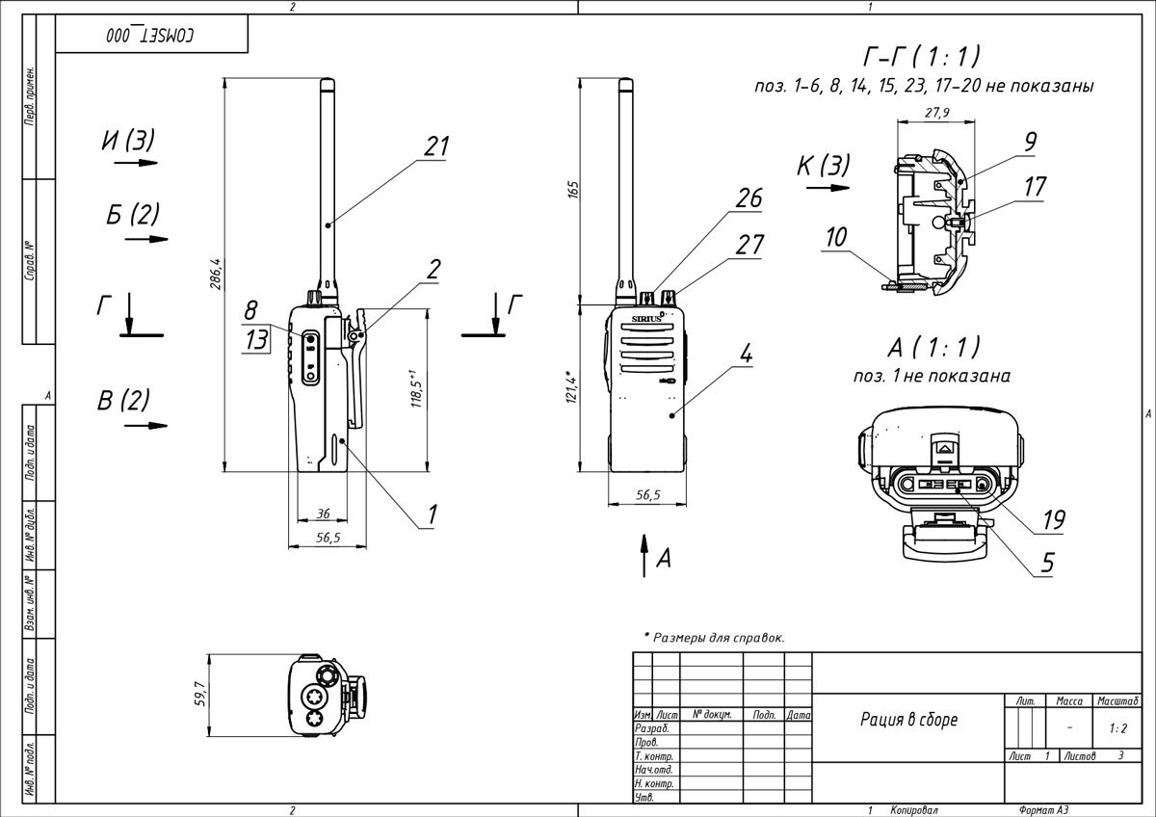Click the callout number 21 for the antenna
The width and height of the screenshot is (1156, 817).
point(436,145)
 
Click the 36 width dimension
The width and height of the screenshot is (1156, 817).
point(324,514)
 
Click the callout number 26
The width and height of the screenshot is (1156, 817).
point(749,199)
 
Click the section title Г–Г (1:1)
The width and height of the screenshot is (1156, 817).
point(923,56)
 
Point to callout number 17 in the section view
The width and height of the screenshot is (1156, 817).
point(1035,186)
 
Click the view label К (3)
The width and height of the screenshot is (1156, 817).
point(823,166)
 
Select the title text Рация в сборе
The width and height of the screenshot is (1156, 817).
point(908,720)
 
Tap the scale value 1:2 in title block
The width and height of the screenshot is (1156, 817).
point(1117,729)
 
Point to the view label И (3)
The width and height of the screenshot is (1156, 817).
point(127,141)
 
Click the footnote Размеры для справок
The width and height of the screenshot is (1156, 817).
point(714,637)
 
